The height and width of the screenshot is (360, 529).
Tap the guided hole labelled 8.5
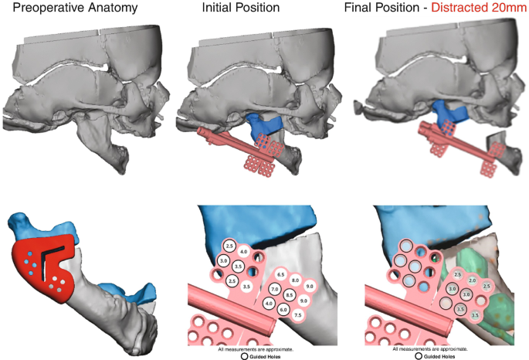click(x=290, y=294)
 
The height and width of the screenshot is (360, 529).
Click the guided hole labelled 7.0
click(x=274, y=289)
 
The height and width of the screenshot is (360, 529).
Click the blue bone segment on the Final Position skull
click(x=448, y=112)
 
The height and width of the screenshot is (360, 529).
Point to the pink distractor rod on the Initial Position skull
click(x=224, y=138)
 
